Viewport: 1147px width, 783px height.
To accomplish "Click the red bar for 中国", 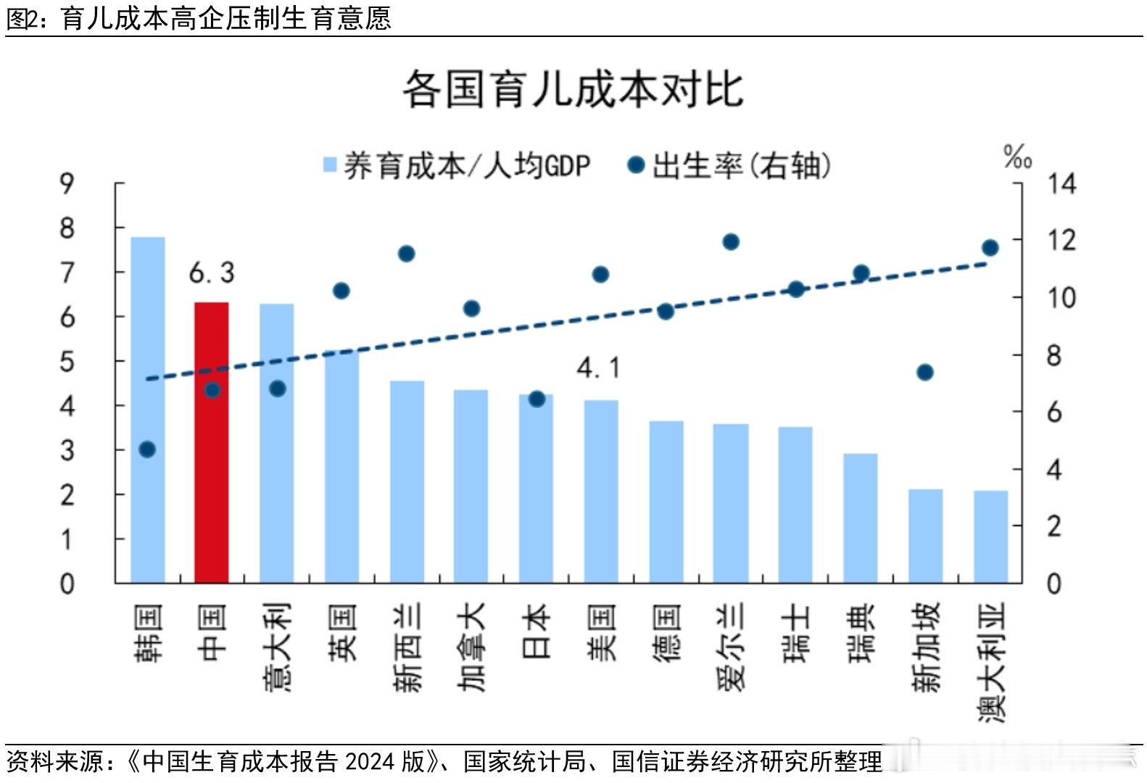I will (212, 442).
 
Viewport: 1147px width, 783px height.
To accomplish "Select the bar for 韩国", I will (147, 410).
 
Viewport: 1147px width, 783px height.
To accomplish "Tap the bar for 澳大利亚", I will (990, 536).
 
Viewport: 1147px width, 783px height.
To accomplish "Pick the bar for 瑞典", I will (861, 518).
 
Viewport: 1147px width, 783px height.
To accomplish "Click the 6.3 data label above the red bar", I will (212, 273).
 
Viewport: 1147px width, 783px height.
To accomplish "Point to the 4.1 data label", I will (599, 368).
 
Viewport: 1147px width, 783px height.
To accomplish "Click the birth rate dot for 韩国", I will (147, 449).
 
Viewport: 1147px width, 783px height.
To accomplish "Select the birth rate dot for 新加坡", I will (924, 372).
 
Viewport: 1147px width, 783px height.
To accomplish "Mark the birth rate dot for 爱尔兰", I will (731, 241).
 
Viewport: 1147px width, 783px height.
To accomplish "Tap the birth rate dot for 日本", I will (537, 399).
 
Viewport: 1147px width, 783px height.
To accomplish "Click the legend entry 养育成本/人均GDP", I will (457, 166).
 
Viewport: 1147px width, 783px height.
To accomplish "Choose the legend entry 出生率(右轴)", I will (729, 166).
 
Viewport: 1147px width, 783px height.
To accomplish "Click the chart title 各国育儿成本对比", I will (573, 90).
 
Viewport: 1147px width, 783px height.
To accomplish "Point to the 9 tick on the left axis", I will (67, 184).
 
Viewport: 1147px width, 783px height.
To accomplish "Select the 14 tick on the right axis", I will (1061, 184).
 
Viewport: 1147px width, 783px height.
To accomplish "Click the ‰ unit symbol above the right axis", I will (1017, 155).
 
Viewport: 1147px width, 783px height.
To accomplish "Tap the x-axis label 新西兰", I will (407, 647).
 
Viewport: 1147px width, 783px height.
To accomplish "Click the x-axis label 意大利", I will (278, 647).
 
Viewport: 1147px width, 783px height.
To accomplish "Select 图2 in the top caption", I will (21, 18).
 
